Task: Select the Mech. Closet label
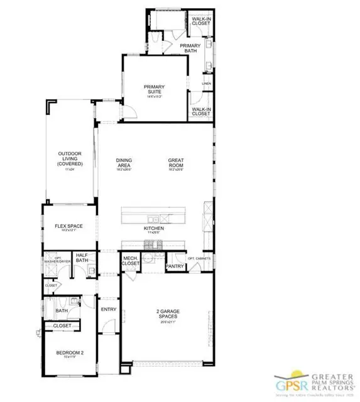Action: click(130, 260)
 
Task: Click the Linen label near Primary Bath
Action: click(206, 83)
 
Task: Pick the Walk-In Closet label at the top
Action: click(201, 21)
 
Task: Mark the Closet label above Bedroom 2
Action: click(62, 326)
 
